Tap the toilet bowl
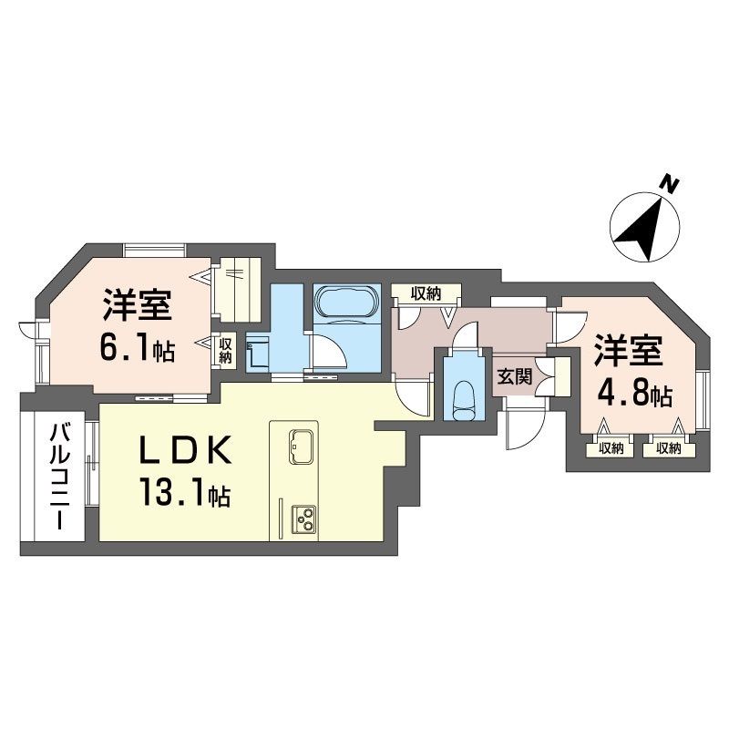coord(463,397)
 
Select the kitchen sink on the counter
coord(302,447)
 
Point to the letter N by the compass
coord(670,184)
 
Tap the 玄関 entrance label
coord(515,376)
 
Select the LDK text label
coord(185,450)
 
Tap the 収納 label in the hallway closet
coord(426,293)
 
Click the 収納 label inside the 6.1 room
coord(225,351)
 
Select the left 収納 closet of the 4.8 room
coord(611,448)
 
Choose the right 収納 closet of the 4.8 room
coord(669,448)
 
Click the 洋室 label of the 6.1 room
coord(138,305)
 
